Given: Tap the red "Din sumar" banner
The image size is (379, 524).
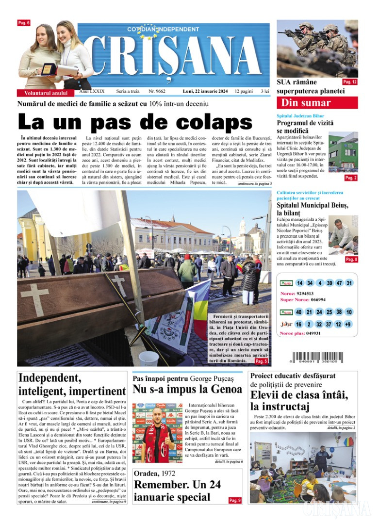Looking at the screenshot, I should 317,103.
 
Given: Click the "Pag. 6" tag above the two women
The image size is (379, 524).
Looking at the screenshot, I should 24,23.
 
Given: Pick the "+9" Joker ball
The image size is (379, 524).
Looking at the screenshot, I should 348,324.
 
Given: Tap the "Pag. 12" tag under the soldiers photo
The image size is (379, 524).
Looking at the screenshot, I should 349,82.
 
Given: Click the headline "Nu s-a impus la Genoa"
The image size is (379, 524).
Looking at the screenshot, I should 187,389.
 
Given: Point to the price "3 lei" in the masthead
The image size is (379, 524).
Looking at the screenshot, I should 265,91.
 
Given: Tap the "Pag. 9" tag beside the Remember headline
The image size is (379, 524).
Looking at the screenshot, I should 234,500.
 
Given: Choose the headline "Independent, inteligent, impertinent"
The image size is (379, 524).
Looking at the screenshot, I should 71,384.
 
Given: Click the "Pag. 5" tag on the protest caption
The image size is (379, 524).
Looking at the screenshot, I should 261,361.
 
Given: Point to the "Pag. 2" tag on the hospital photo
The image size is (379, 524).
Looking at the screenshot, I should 350,178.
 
